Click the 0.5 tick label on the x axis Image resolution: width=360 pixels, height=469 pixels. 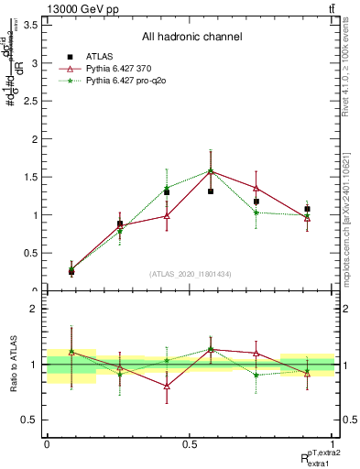click(189, 444)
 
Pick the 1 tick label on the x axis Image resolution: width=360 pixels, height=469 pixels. click(333, 444)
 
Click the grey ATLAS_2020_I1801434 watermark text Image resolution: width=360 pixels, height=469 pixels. click(191, 274)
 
